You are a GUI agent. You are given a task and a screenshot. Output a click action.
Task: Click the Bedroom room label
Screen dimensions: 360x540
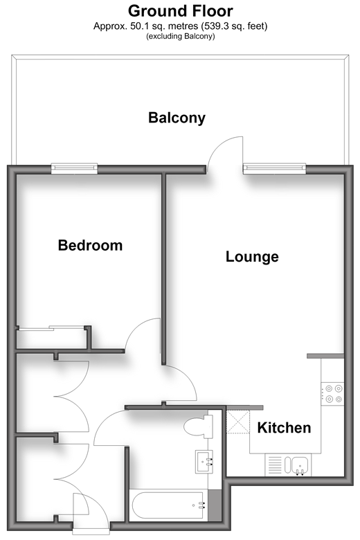click(x=90, y=246)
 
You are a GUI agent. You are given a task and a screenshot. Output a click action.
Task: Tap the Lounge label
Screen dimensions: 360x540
click(x=252, y=257)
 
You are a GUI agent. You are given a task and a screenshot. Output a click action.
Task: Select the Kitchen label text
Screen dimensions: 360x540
click(x=285, y=428)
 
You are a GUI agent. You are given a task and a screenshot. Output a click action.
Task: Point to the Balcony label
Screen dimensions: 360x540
click(x=177, y=118)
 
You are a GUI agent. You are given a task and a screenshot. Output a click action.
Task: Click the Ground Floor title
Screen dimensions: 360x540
click(x=181, y=11)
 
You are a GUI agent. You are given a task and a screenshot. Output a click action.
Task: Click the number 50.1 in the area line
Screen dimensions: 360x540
click(x=138, y=26)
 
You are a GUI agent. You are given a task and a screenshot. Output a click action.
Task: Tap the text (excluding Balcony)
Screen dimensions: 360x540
click(x=181, y=36)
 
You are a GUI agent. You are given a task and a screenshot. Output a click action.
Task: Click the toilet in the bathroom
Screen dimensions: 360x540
click(x=198, y=427)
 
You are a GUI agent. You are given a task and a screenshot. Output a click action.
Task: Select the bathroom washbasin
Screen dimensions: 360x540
click(x=204, y=462)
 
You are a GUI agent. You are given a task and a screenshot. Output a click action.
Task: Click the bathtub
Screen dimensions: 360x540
click(x=168, y=505)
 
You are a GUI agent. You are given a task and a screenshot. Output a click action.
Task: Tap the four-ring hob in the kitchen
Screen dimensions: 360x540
click(x=332, y=394)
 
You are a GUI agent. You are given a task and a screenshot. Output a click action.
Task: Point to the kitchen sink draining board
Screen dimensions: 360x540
click(x=275, y=465)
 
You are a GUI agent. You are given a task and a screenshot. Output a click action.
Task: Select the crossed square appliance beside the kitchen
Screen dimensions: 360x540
click(x=238, y=422)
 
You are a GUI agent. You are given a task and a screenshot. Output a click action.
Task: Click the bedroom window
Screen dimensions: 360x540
click(x=74, y=168)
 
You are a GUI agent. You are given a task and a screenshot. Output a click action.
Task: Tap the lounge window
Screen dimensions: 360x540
click(x=275, y=168)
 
